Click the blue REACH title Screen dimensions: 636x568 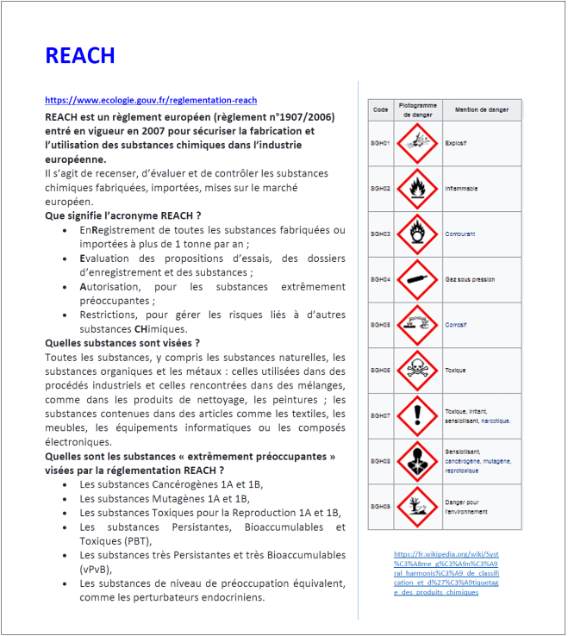(x=79, y=56)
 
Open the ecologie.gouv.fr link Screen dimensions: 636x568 (x=151, y=101)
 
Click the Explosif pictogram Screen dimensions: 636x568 (x=418, y=143)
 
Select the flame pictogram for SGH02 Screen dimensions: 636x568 (x=418, y=188)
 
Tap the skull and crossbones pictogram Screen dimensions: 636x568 (x=418, y=371)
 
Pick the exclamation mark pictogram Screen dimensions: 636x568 (x=418, y=415)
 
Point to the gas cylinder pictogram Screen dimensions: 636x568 (x=418, y=279)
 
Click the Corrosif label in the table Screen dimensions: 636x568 (x=456, y=325)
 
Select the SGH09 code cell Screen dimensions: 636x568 (x=380, y=507)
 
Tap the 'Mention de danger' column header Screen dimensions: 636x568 (x=482, y=110)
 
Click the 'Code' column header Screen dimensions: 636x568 (x=380, y=110)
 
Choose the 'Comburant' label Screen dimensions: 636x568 (x=459, y=234)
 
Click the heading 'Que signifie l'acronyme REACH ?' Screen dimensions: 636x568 (x=122, y=215)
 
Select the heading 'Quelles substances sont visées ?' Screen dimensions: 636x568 (x=122, y=343)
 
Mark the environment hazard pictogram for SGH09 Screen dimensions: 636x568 (x=418, y=507)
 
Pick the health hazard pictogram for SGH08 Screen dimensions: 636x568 (x=418, y=461)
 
